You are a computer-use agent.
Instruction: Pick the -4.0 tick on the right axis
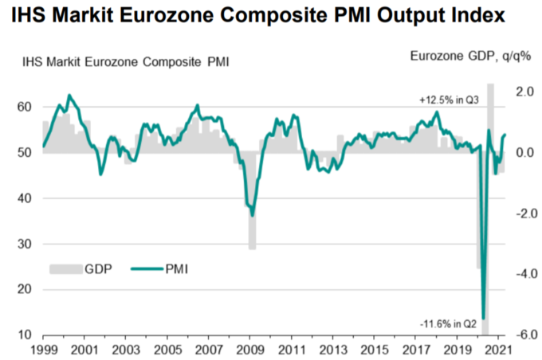point(522,274)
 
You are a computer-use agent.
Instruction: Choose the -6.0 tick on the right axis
point(522,335)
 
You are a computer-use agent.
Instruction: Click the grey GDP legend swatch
point(65,270)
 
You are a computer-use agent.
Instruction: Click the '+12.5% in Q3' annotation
point(450,101)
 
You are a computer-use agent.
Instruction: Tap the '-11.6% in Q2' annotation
point(448,323)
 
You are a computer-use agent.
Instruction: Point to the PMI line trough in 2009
point(252,215)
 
